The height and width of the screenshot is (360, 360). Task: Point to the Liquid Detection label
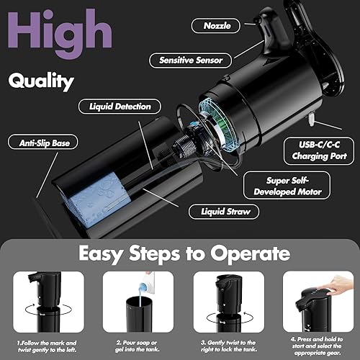[120, 107]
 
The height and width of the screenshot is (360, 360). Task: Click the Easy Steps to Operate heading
[179, 253]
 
